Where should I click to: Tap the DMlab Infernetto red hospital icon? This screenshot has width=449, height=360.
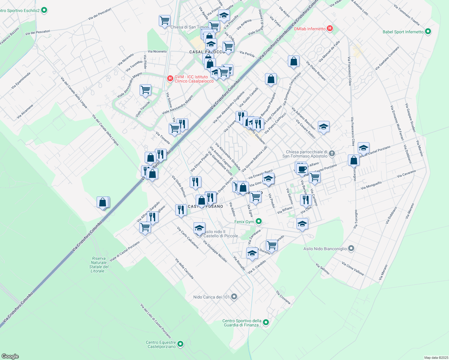[330, 28]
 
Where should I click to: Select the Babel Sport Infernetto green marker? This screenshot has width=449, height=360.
[428, 31]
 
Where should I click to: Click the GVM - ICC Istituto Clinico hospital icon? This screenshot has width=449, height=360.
[170, 79]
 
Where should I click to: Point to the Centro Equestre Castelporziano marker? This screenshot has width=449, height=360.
[180, 344]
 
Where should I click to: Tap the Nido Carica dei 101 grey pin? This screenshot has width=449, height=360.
[234, 297]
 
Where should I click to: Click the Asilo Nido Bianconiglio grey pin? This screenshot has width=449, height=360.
[351, 248]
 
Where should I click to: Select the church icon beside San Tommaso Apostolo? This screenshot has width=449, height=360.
[332, 154]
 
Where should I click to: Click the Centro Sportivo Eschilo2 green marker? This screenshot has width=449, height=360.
[44, 10]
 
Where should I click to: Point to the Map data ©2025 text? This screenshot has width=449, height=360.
[436, 358]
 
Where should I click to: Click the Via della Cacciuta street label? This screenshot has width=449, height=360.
[184, 269]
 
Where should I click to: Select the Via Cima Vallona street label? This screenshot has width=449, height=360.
[353, 268]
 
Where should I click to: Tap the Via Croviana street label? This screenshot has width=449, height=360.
[283, 297]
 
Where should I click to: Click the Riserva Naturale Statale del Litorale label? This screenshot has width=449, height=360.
[99, 265]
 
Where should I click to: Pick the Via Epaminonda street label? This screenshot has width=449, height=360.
[21, 80]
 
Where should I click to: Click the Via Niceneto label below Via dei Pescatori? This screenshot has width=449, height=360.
[157, 51]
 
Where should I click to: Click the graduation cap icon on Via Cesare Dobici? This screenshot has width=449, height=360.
[324, 126]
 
